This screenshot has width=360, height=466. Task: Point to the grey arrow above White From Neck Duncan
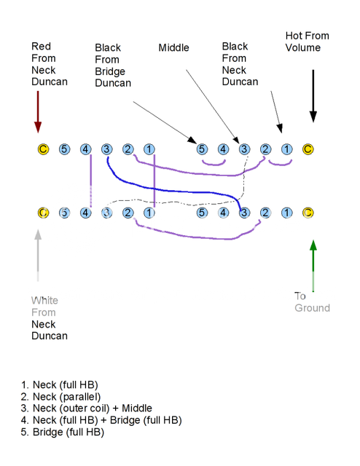[x=38, y=255]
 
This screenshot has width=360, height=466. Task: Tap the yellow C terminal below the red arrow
[x=43, y=150]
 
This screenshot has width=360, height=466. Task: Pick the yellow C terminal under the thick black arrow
[x=308, y=150]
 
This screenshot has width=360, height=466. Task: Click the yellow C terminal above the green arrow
[x=308, y=213]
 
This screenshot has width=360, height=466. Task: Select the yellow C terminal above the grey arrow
[x=43, y=213]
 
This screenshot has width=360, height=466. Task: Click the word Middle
[x=173, y=48]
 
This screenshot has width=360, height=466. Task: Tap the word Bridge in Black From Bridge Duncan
[x=109, y=71]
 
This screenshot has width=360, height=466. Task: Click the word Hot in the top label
[x=295, y=36]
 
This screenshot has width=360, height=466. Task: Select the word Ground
[x=312, y=308]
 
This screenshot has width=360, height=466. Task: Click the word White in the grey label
[x=44, y=300]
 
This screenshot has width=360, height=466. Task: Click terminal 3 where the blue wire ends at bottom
[x=244, y=213]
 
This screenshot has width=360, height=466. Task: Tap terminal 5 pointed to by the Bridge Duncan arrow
[x=202, y=150]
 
